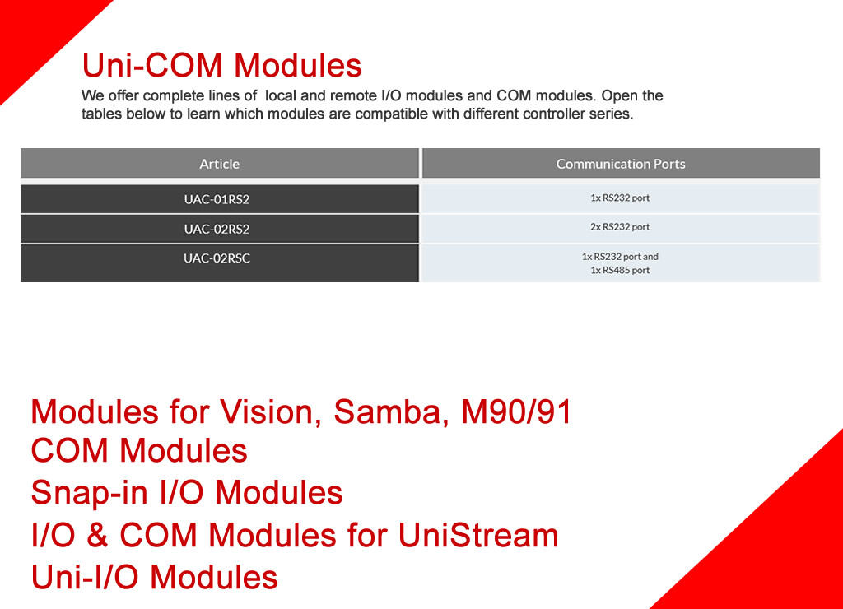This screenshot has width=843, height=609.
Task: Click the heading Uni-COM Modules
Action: click(221, 65)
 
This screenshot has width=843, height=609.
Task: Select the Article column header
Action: click(219, 164)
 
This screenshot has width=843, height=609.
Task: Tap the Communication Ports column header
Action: click(621, 164)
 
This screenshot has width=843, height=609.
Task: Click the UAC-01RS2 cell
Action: click(219, 199)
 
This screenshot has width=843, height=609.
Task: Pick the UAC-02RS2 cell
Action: click(219, 229)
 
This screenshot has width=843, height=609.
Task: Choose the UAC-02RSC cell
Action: click(219, 263)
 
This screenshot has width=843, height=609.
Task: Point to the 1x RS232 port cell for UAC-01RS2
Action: click(621, 198)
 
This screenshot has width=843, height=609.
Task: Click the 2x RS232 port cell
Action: click(621, 228)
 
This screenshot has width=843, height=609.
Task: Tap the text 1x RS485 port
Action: click(620, 271)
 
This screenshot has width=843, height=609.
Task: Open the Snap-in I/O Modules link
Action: click(187, 492)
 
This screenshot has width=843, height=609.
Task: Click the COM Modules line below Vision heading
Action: click(138, 450)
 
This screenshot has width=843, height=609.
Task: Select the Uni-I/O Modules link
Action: click(154, 577)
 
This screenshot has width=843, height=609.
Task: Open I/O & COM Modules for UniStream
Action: click(295, 535)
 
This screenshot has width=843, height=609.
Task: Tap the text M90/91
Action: click(516, 411)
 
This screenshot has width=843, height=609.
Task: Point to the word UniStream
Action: click(478, 535)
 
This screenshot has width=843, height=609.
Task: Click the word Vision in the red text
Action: click(270, 413)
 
